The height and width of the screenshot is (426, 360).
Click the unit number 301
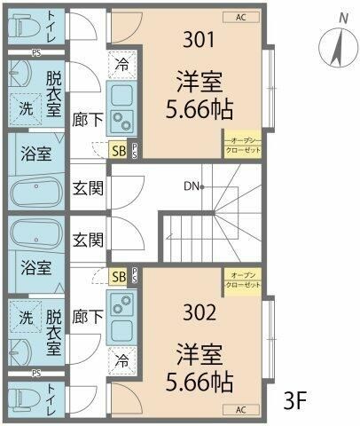pyautogui.click(x=200, y=39)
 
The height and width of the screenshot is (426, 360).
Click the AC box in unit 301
pyautogui.click(x=240, y=16)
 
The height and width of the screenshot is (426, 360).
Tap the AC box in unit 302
pyautogui.click(x=240, y=410)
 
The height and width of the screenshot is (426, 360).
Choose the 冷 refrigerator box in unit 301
pyautogui.click(x=121, y=63)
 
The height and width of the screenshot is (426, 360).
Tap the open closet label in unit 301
pyautogui.click(x=241, y=145)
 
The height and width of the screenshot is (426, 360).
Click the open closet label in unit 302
pyautogui.click(x=241, y=280)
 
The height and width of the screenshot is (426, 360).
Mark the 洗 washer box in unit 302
pyautogui.click(x=26, y=317)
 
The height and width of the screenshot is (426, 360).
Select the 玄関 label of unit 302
pyautogui.click(x=88, y=239)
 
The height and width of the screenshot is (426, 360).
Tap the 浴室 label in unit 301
pyautogui.click(x=35, y=154)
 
